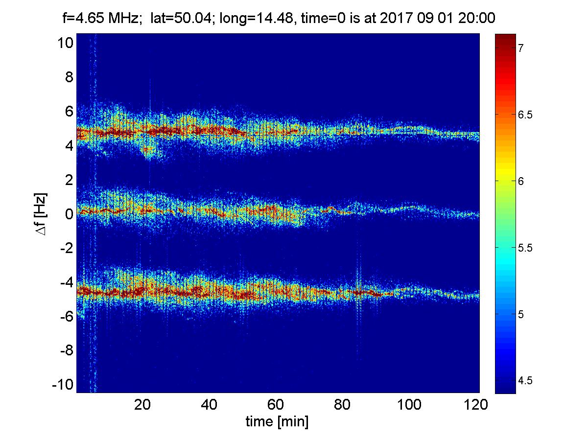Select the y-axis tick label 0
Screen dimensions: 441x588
(x=69, y=214)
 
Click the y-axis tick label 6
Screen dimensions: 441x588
(x=69, y=112)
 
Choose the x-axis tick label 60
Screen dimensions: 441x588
(x=276, y=405)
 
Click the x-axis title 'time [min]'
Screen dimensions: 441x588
(x=277, y=422)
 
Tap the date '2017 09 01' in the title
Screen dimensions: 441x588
(x=433, y=19)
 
